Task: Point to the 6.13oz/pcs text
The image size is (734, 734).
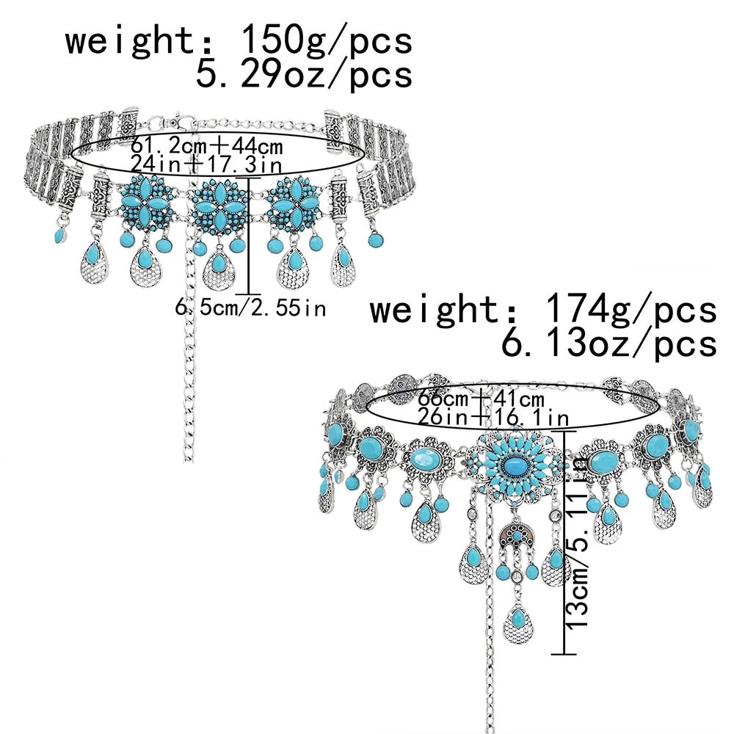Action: (607, 343)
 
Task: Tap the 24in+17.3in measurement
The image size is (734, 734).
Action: (207, 159)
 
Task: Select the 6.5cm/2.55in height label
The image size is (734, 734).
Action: (250, 308)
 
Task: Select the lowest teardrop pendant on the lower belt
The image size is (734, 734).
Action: (517, 626)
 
